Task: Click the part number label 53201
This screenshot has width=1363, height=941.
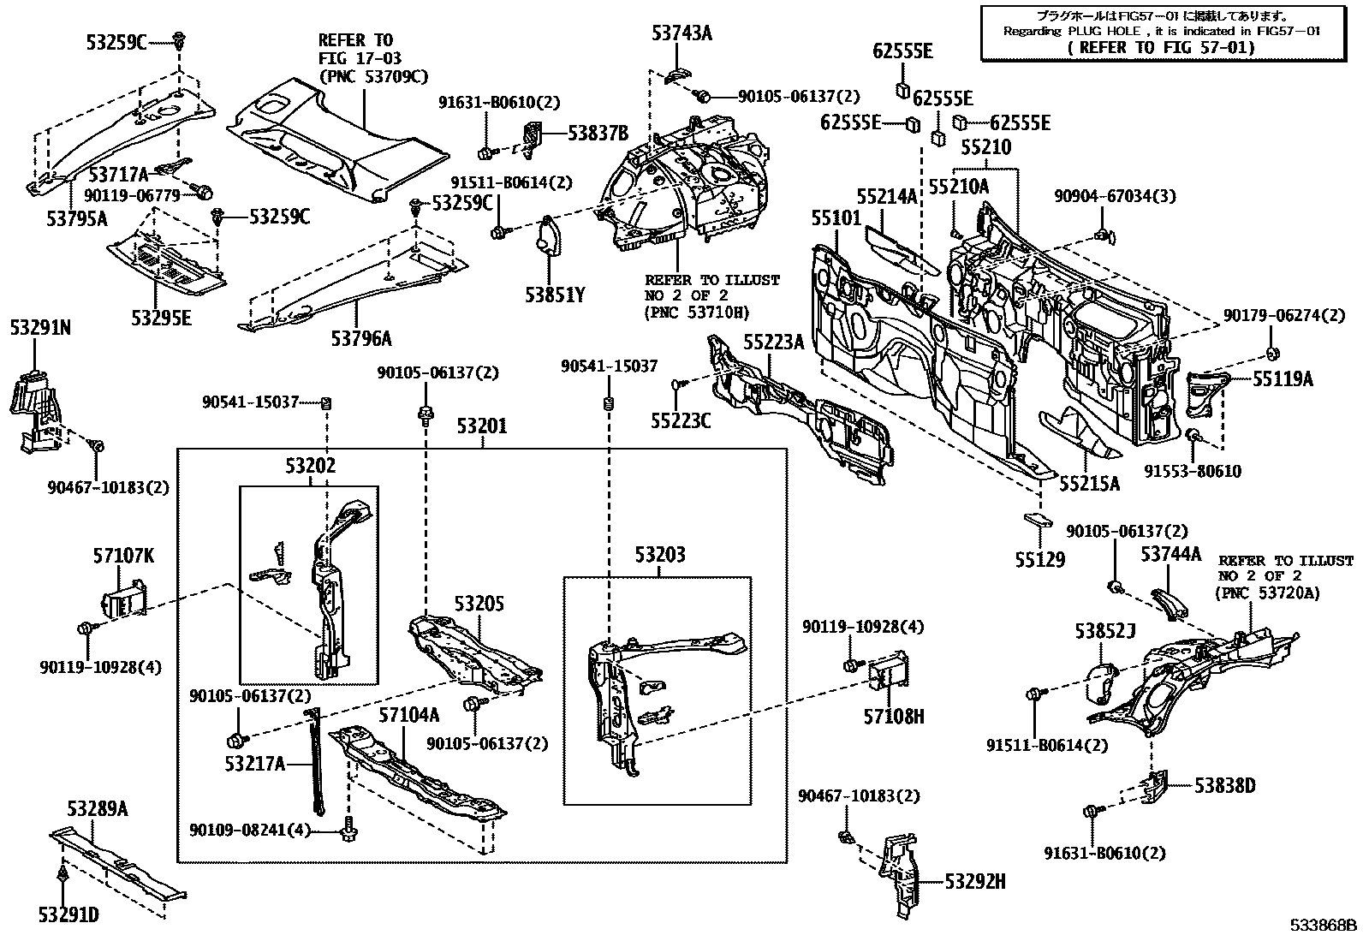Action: tap(481, 426)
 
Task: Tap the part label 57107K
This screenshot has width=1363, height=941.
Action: tap(123, 557)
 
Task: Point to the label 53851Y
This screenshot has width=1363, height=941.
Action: tap(555, 296)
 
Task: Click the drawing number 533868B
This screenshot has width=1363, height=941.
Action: tap(1324, 926)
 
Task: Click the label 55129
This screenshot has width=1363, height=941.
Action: tap(1040, 561)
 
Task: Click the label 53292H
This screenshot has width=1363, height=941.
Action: tap(975, 881)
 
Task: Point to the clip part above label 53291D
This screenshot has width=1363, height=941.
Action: tap(65, 875)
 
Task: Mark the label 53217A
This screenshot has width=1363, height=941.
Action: tap(255, 763)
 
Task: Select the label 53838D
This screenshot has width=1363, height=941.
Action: tap(1225, 785)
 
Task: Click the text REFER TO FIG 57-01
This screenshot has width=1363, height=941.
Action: tap(1161, 48)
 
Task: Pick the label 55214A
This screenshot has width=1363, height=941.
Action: tap(886, 196)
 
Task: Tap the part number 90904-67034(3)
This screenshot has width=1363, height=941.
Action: tap(1127, 196)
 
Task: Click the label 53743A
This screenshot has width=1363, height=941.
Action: tap(681, 34)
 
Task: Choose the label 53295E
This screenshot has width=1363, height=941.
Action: tap(161, 319)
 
